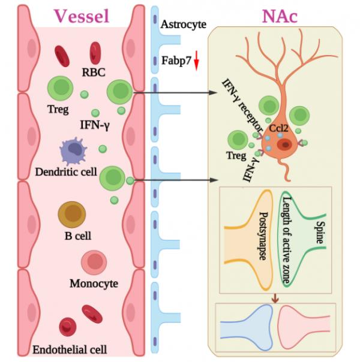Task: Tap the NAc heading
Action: coord(279,16)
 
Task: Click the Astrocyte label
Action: coord(184,25)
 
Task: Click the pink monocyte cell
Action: coord(93,262)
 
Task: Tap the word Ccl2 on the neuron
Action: coord(278,127)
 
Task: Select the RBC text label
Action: coord(94,73)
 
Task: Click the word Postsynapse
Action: coord(262,238)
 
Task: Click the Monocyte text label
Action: coord(94,283)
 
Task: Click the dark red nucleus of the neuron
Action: coord(283,144)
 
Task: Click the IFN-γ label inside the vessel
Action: coord(94,125)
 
